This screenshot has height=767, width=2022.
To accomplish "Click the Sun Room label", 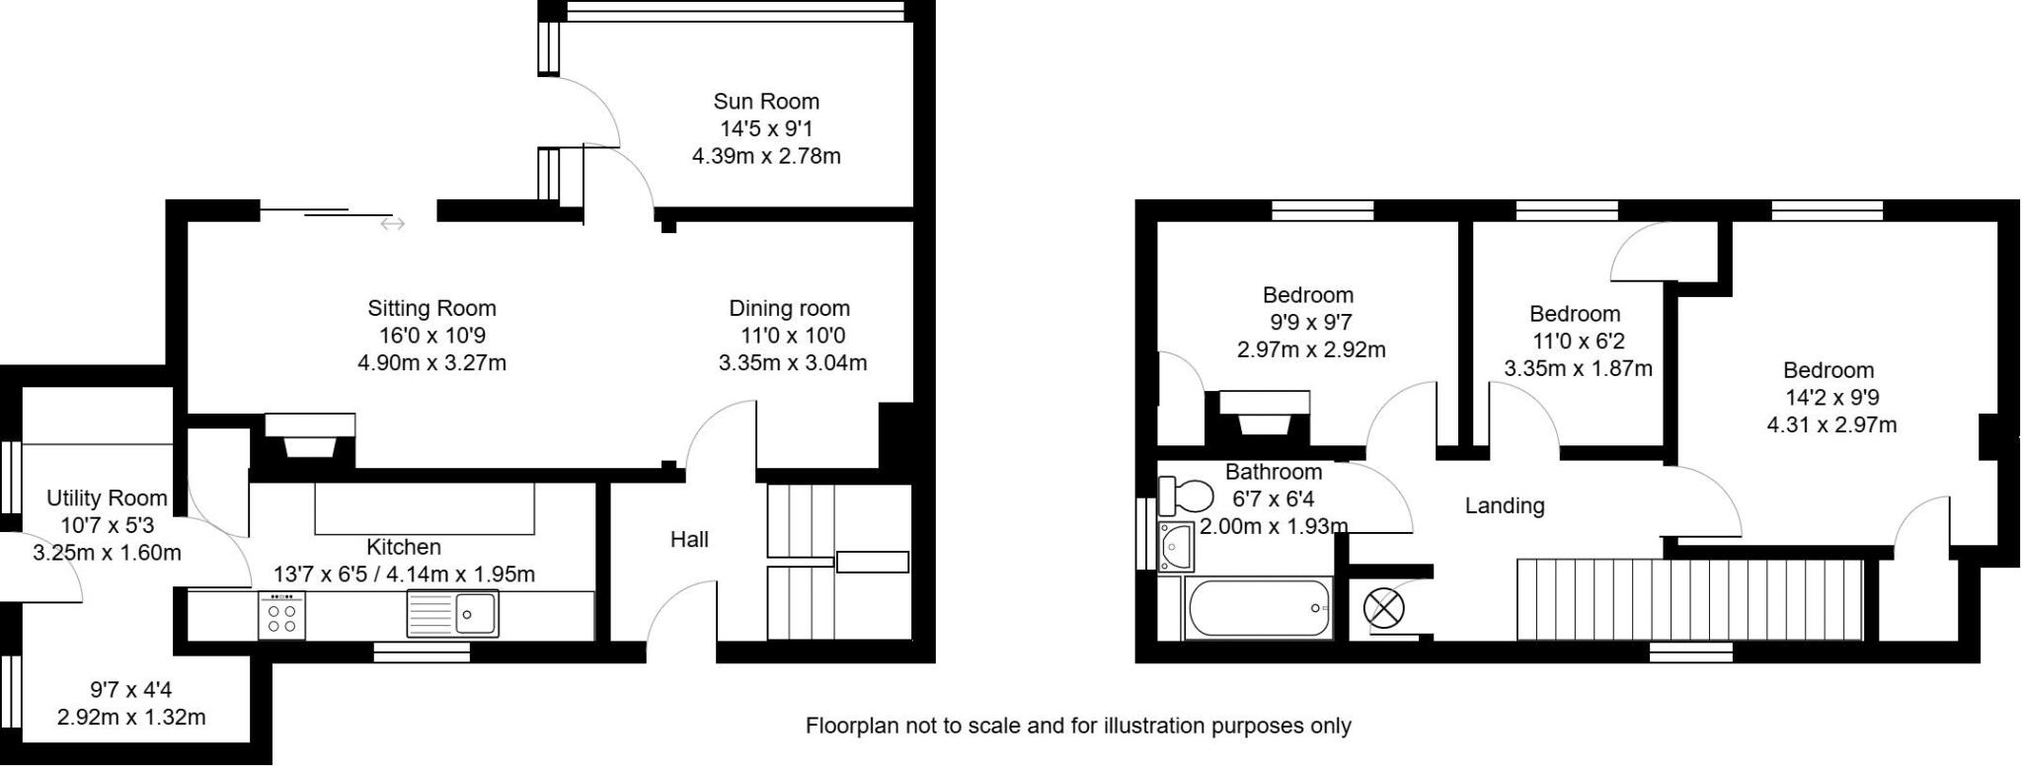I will (x=766, y=102).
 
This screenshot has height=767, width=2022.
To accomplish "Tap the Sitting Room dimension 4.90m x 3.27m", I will (x=431, y=363).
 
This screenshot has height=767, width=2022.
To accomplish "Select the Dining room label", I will (x=789, y=308).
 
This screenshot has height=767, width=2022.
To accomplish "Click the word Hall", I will (x=689, y=539).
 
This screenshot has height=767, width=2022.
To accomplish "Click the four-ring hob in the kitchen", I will (x=282, y=616).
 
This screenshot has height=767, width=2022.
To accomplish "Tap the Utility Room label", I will (x=107, y=499).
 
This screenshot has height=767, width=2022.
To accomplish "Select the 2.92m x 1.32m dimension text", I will (x=131, y=718).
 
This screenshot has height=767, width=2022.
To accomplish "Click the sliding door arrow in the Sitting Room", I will (x=392, y=225).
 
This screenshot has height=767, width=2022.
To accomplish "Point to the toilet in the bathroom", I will (x=1186, y=494).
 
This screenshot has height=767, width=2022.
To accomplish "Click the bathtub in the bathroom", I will (x=1259, y=608).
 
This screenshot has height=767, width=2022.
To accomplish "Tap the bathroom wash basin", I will (x=1176, y=546).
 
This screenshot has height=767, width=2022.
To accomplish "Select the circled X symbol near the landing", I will (x=1383, y=608).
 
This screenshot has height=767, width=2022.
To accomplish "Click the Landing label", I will (x=1504, y=505).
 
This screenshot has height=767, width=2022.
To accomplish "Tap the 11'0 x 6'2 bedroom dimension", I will (x=1577, y=342).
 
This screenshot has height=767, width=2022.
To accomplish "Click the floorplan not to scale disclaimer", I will (x=1078, y=727).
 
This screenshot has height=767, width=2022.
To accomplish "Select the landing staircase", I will (x=1688, y=598).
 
